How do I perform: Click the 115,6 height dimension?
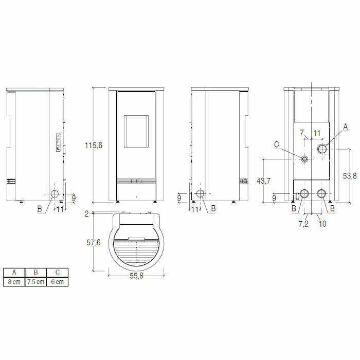click(x=94, y=146)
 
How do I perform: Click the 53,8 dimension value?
click(x=349, y=175)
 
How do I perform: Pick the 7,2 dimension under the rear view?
click(x=303, y=225)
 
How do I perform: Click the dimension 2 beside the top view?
click(x=88, y=213)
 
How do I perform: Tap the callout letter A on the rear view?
click(x=345, y=126)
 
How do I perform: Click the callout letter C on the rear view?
click(x=276, y=145)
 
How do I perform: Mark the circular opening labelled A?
click(x=322, y=149)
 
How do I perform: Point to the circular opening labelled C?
click(x=305, y=159)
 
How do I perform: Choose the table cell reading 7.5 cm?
click(x=35, y=282)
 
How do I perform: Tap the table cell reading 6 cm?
click(x=57, y=282)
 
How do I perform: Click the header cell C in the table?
click(x=57, y=273)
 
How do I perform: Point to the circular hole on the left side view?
click(x=54, y=194)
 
